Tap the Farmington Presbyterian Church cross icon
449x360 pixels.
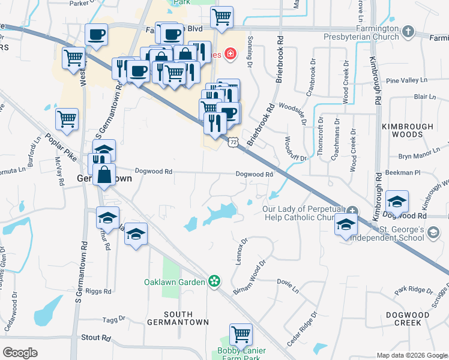click(408, 31)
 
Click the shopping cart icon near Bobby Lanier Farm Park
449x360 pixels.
click(241, 334)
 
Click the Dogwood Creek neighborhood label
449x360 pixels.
click(412, 318)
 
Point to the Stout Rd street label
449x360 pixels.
click(96, 338)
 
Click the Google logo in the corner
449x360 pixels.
click(20, 353)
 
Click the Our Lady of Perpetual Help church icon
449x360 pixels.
click(352, 211)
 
